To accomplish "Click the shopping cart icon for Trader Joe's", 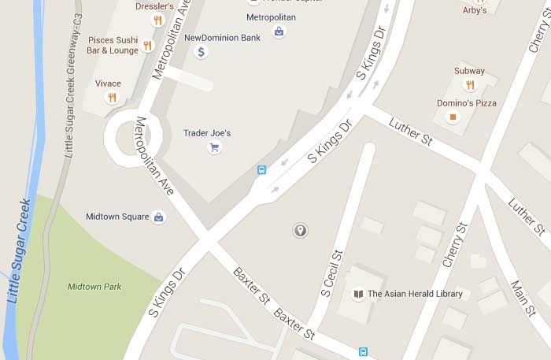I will [x=213, y=147].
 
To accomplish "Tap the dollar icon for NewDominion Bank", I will [x=201, y=52].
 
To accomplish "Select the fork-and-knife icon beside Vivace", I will [x=112, y=98].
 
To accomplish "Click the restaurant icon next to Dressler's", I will [x=157, y=20].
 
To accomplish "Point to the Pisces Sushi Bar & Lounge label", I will [x=113, y=44].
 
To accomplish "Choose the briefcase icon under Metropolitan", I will [x=279, y=32].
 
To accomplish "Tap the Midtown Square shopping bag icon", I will [x=158, y=217].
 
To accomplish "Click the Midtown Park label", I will [x=94, y=287].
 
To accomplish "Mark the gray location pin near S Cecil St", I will [x=300, y=230].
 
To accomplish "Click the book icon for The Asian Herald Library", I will [x=358, y=295].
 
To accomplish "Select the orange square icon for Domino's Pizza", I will [x=453, y=117].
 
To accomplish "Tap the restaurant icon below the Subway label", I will [x=470, y=85].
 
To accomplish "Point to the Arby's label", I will [x=474, y=10].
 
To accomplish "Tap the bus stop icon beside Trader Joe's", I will [x=261, y=169].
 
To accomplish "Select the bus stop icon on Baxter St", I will [x=363, y=352].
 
